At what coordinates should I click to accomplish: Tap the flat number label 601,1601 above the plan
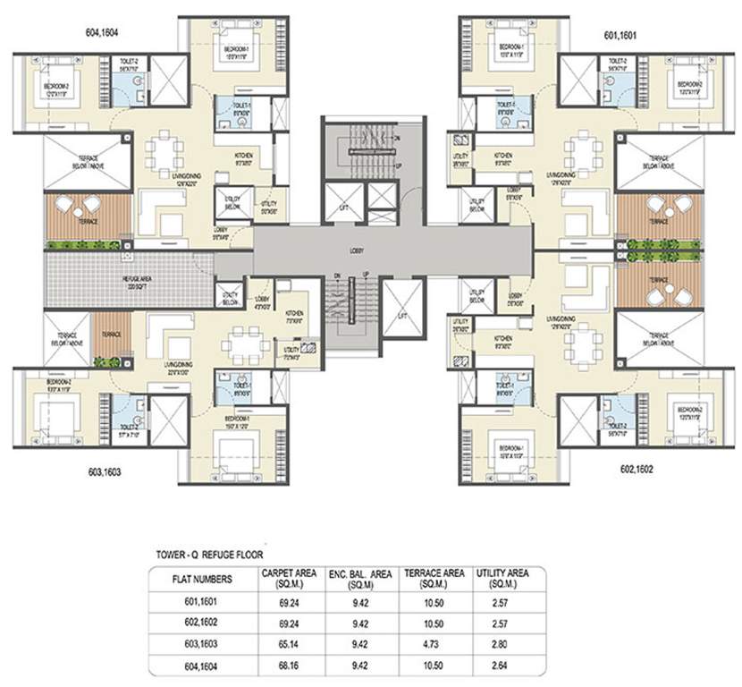tap(626, 38)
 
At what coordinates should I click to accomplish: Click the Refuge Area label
tap(126, 278)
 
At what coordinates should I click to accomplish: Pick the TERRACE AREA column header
tap(434, 578)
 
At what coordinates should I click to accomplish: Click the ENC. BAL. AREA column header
tap(360, 578)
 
